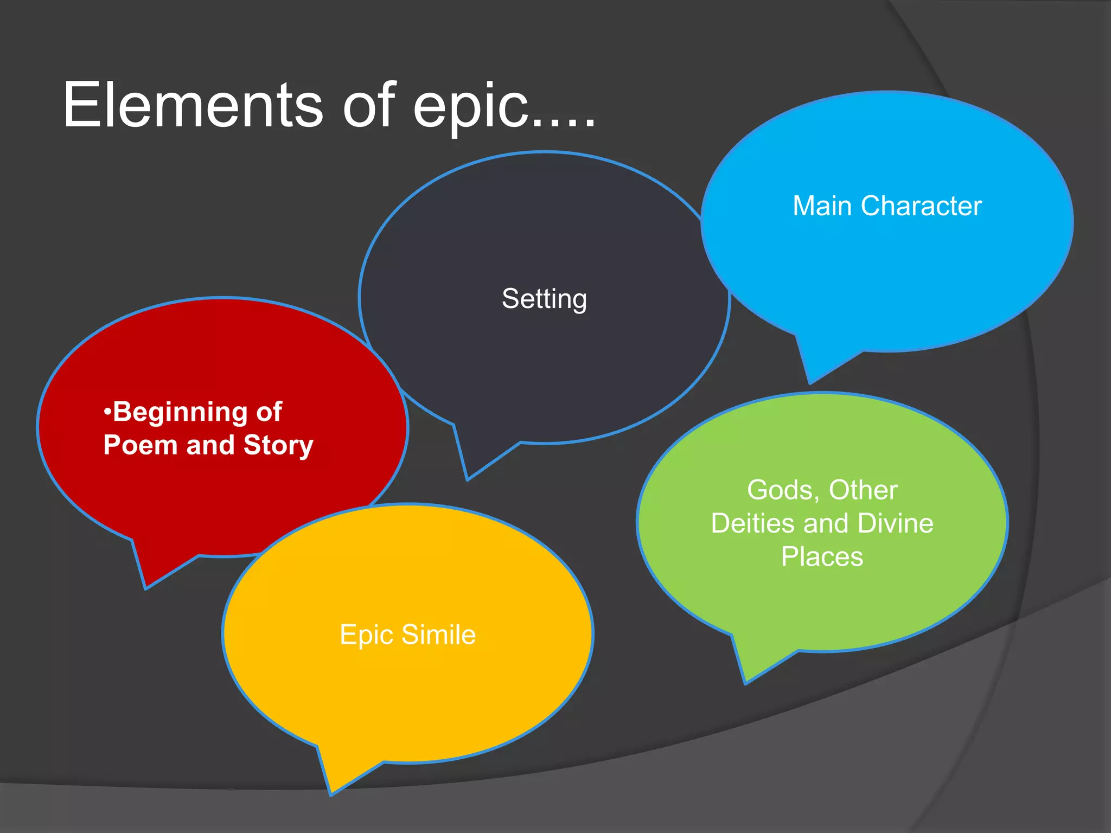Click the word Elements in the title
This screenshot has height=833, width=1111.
193,106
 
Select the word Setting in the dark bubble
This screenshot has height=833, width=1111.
544,299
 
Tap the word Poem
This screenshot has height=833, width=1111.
140,445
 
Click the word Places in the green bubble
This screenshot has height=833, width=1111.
822,557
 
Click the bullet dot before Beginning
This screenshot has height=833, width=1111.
107,412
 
